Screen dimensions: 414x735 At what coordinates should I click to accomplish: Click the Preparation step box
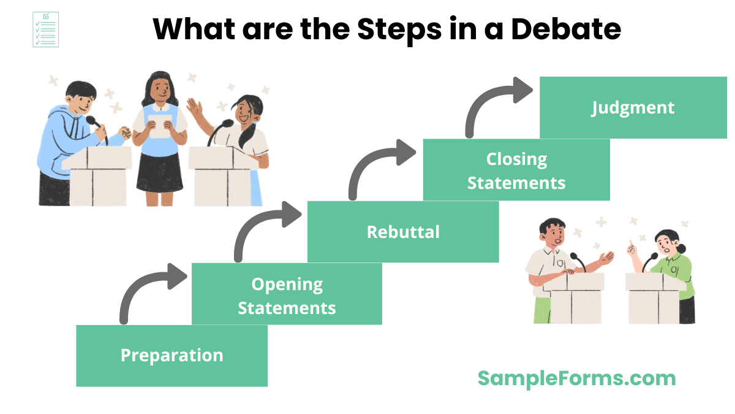point(171,356)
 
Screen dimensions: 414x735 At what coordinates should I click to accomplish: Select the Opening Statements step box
point(287,294)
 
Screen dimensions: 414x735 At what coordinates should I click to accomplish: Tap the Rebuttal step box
point(403,232)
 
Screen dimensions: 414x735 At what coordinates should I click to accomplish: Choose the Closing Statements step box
point(516,170)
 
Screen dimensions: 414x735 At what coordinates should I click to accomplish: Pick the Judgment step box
point(633,107)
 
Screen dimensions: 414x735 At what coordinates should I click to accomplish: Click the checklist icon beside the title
point(45,29)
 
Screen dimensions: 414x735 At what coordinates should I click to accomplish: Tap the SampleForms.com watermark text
point(576,378)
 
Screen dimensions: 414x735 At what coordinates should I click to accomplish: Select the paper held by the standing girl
point(160,126)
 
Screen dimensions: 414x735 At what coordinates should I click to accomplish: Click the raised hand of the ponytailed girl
point(195,110)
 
